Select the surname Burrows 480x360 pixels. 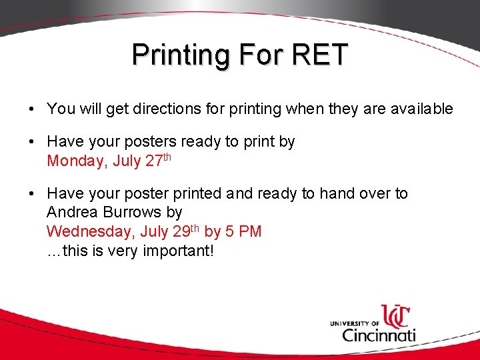[133, 213]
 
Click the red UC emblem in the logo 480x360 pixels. [395, 316]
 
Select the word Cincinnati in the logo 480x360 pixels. [379, 333]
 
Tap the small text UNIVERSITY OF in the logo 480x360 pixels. [354, 323]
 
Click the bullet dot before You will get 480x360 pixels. [32, 109]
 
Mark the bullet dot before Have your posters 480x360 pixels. [32, 142]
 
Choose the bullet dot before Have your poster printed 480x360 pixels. [32, 194]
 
